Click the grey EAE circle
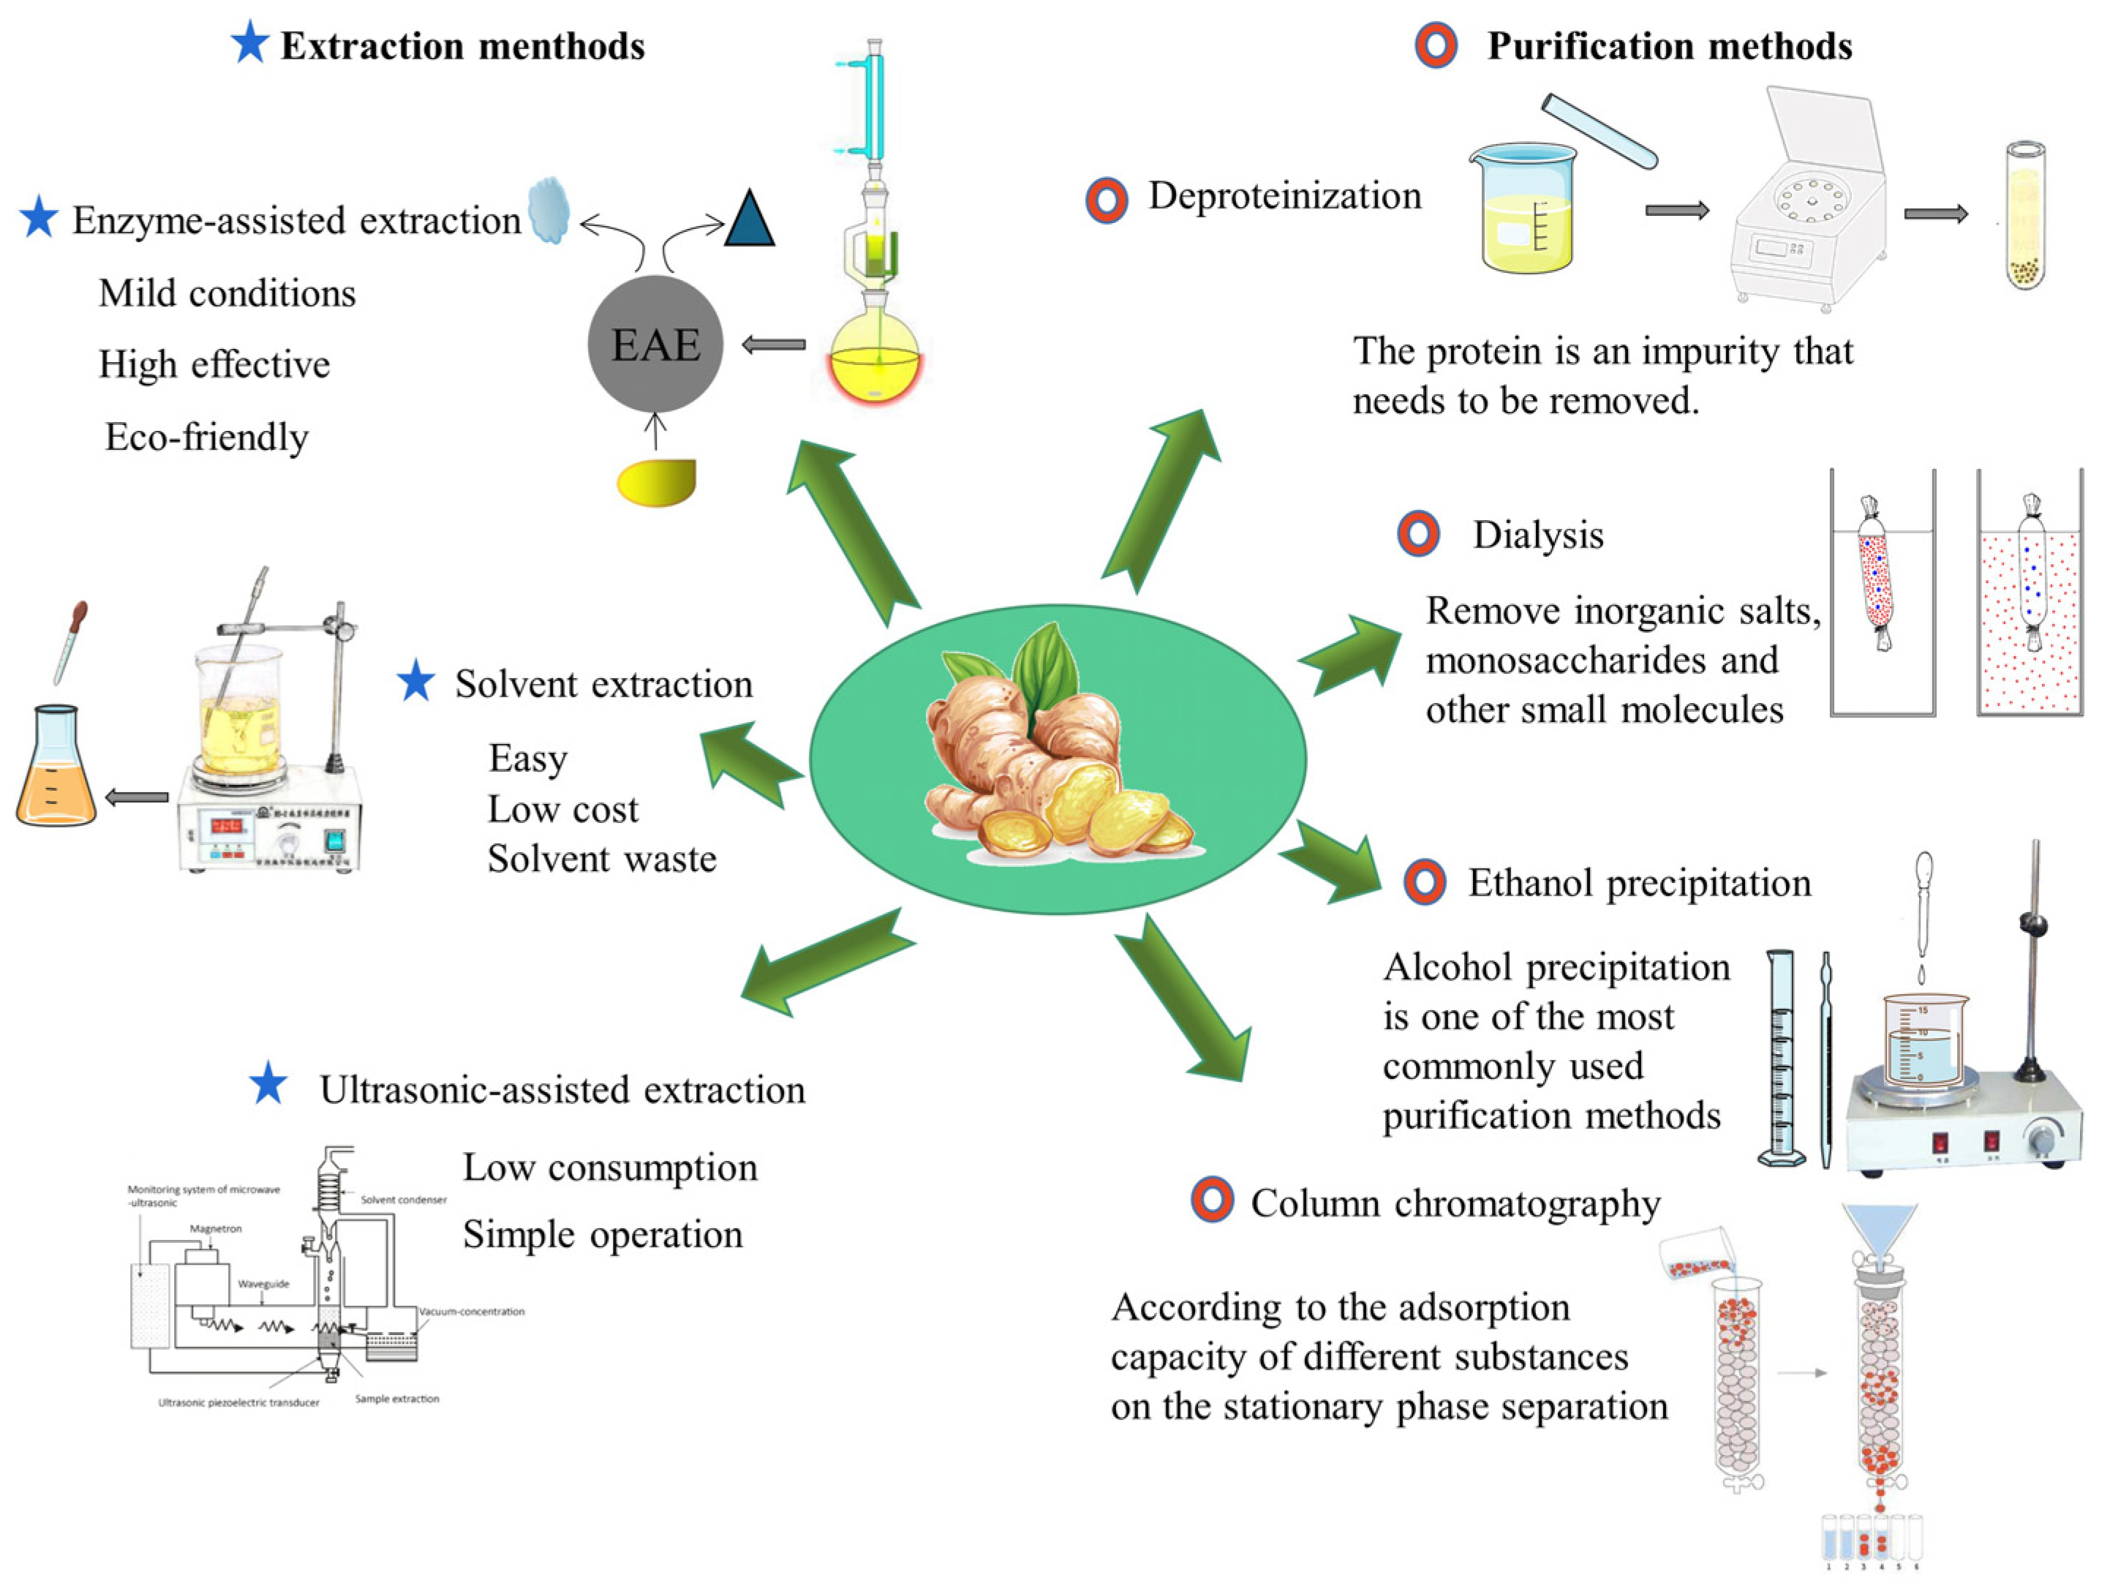pyautogui.click(x=655, y=344)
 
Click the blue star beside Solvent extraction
pyautogui.click(x=415, y=682)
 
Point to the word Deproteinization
pyautogui.click(x=1284, y=196)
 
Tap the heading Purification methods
pyautogui.click(x=1669, y=46)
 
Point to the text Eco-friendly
pyautogui.click(x=207, y=437)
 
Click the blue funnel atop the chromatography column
pyautogui.click(x=1878, y=1228)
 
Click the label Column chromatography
pyautogui.click(x=1455, y=1203)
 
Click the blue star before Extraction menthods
pyautogui.click(x=249, y=44)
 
